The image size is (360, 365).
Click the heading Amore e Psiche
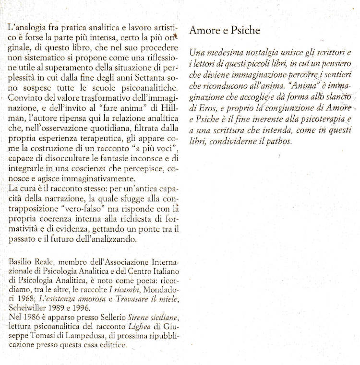point(225,31)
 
